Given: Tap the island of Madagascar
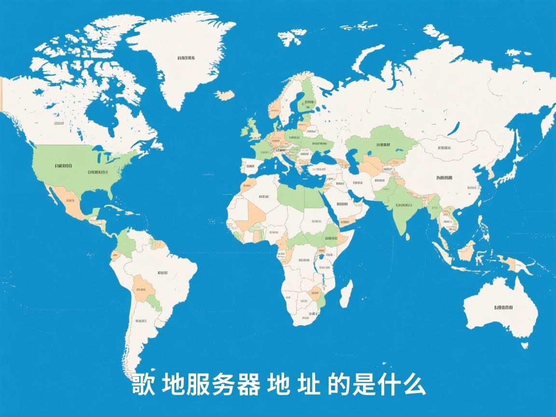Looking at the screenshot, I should [346, 293].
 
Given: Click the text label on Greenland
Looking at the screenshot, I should [186, 58].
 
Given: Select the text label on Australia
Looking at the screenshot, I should [503, 307].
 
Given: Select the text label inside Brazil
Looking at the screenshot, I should [163, 273].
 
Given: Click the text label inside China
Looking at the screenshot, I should [444, 178].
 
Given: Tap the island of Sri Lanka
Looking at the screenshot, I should [408, 236].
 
